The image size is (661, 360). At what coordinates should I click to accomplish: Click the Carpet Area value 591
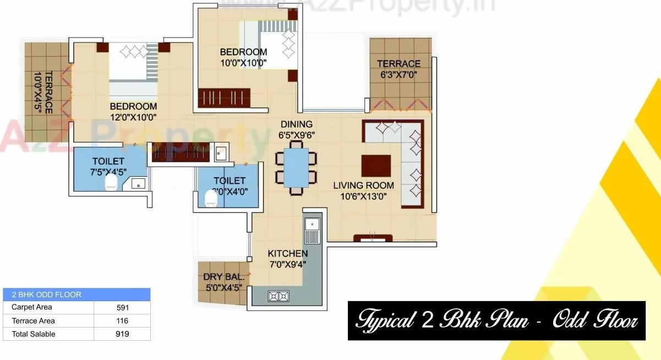(122, 308)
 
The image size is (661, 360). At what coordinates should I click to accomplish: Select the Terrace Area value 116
(122, 321)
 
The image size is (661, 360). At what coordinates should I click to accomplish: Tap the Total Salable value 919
(122, 334)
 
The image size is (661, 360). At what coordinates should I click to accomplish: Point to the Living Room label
(363, 186)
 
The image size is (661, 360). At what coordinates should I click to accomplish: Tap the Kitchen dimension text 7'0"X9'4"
(287, 264)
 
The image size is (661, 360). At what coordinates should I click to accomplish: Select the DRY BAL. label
(223, 277)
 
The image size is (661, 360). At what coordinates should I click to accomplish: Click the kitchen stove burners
(278, 297)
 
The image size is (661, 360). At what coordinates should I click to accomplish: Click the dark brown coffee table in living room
(376, 166)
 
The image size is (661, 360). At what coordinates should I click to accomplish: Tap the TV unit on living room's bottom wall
(373, 238)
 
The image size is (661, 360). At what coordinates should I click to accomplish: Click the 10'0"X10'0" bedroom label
(243, 63)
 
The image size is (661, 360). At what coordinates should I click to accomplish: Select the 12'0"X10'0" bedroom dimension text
(133, 117)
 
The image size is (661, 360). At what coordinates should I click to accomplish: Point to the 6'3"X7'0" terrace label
(398, 74)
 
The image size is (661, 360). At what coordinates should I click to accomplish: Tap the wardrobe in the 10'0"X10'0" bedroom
(225, 97)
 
